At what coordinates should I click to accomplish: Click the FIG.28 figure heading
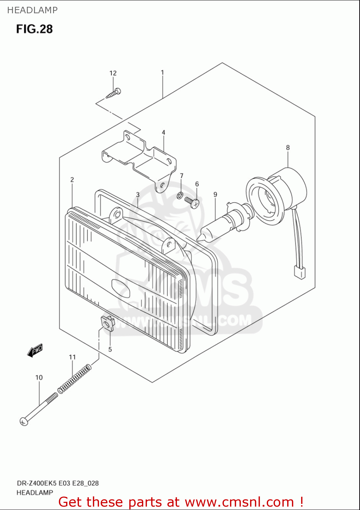34,29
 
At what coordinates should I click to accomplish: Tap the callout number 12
113,73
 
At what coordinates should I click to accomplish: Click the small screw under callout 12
113,93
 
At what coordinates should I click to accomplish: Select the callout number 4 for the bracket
164,132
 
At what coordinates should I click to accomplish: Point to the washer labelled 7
180,195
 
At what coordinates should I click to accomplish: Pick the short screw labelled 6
192,203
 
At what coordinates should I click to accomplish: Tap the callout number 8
288,148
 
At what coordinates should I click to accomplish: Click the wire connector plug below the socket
299,273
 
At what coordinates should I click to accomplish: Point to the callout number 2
72,180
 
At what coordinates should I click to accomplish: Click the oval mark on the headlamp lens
121,288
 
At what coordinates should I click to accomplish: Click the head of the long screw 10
23,422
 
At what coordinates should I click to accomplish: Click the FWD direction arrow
35,350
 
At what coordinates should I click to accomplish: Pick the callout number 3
138,195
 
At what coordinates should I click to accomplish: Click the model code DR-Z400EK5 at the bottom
37,483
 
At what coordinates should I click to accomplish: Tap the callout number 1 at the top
162,72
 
